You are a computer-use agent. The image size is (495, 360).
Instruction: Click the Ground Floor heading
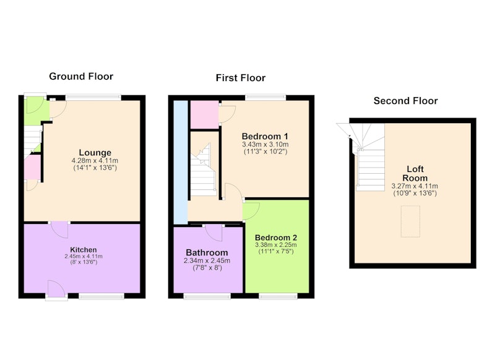tap(81, 76)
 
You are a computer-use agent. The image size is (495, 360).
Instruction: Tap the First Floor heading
tap(241, 78)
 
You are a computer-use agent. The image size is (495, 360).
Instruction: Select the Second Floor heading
tap(406, 101)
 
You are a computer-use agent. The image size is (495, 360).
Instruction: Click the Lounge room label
tap(95, 153)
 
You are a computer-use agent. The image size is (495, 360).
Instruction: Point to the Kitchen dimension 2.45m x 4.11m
tap(84, 257)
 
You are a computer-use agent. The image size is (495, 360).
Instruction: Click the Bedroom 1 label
tap(265, 136)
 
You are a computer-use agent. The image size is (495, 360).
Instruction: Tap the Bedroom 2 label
tap(276, 238)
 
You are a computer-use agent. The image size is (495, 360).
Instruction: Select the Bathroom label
tap(207, 252)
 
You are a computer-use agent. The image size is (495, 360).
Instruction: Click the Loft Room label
tap(415, 174)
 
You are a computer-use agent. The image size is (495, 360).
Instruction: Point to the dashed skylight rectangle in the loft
tap(410, 221)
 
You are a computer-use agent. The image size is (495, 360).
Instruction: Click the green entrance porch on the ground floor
tap(37, 111)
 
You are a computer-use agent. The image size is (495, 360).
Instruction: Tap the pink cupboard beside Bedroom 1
tap(205, 114)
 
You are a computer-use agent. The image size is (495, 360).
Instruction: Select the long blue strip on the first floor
tap(181, 163)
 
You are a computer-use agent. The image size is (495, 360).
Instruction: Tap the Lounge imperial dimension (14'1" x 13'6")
tap(95, 168)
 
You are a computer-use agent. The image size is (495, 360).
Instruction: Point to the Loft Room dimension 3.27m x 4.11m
tap(415, 186)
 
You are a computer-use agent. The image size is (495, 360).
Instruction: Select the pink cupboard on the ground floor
tap(33, 167)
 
